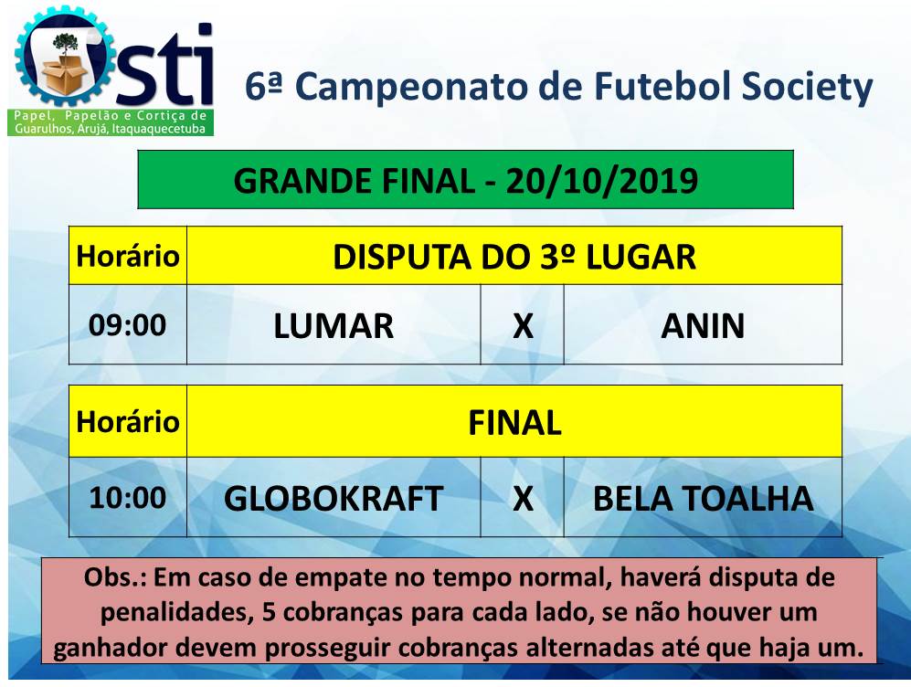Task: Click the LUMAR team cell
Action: click(334, 325)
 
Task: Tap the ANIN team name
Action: click(703, 326)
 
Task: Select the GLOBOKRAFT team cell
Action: click(334, 498)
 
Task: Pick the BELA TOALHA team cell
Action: click(703, 498)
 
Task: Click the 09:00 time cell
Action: click(128, 325)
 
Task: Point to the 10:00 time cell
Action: click(128, 498)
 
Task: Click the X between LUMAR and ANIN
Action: click(523, 326)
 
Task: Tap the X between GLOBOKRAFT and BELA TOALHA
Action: click(523, 498)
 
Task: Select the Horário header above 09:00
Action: click(128, 256)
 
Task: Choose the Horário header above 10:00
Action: click(128, 421)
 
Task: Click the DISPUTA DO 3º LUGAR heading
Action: click(514, 257)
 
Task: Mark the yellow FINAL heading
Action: click(514, 422)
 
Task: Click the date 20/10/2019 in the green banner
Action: click(602, 181)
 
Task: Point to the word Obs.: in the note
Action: click(116, 577)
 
